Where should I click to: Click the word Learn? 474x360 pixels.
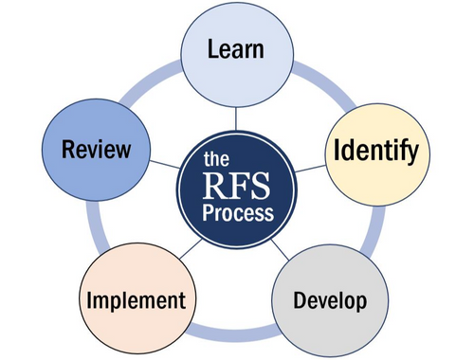click(x=236, y=48)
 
